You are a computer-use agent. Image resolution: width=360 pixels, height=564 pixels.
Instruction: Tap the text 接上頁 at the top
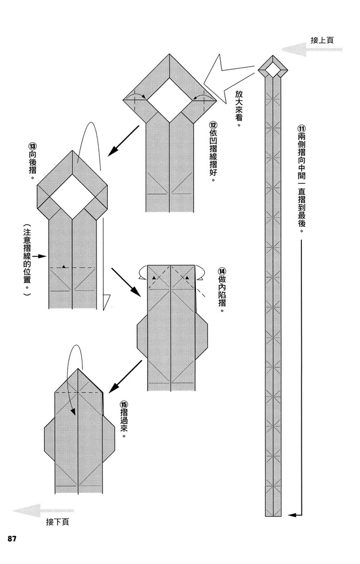[x=322, y=40]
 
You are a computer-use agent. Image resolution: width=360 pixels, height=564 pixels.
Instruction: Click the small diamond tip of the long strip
[x=274, y=69]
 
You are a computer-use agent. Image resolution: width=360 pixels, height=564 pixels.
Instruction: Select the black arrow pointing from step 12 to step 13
[x=122, y=141]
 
